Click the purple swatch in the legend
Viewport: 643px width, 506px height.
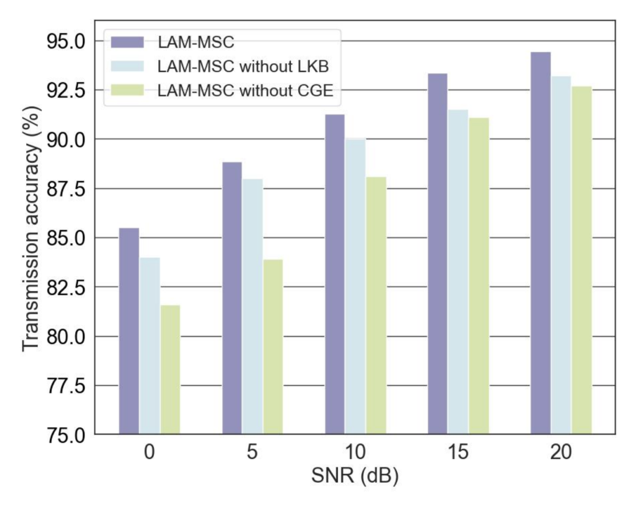click(127, 42)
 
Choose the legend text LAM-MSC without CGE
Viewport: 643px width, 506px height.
click(245, 90)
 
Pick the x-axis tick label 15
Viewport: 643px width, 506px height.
click(458, 452)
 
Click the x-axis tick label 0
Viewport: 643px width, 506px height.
click(149, 452)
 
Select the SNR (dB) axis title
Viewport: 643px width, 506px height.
click(355, 476)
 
